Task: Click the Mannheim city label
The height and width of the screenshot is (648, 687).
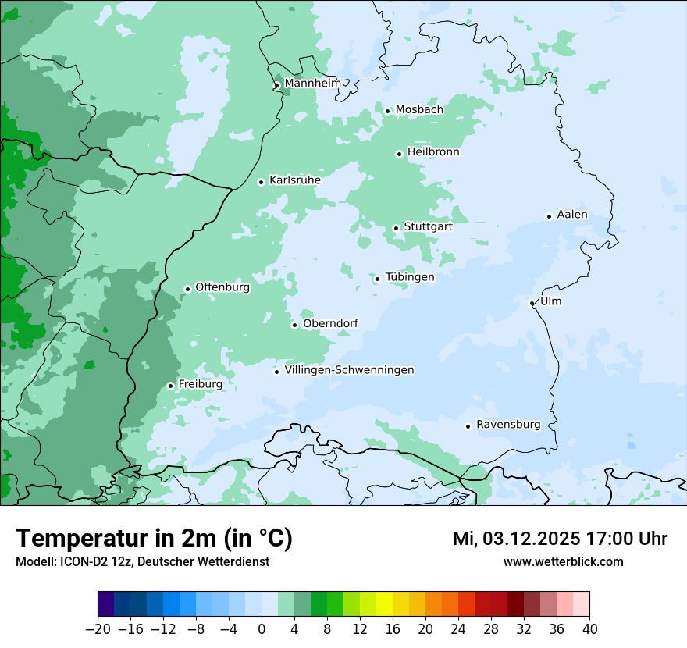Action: (x=312, y=83)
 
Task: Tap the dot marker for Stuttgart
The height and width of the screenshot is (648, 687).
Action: (x=396, y=228)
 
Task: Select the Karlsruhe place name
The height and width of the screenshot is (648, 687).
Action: (x=294, y=180)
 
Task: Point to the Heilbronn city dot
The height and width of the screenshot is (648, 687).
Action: (x=399, y=154)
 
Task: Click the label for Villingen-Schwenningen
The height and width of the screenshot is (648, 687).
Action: (x=349, y=370)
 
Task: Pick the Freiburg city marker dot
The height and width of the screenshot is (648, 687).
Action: (x=170, y=386)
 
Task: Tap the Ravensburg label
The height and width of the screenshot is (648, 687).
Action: (x=507, y=425)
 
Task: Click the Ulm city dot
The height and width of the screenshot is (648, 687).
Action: (x=532, y=303)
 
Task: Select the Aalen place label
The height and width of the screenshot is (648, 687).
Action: (x=571, y=215)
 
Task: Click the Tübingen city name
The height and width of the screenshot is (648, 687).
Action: (x=409, y=277)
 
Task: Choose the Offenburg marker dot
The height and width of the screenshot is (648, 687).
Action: (x=187, y=289)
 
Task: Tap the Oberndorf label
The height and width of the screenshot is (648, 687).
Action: (x=330, y=323)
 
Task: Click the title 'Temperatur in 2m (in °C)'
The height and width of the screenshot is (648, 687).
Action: (x=154, y=538)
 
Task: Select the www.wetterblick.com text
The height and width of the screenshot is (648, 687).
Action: (x=563, y=561)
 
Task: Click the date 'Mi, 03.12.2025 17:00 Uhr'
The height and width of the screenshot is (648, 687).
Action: (x=559, y=539)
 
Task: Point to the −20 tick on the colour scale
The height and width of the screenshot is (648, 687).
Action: (x=98, y=629)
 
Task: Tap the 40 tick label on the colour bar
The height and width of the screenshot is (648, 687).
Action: (x=589, y=629)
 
